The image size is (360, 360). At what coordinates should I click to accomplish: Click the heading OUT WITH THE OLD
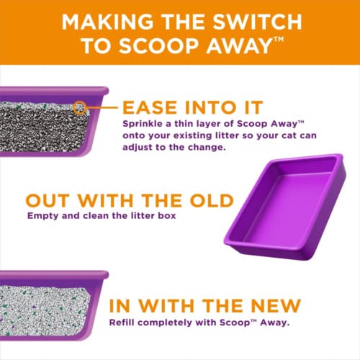130,200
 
